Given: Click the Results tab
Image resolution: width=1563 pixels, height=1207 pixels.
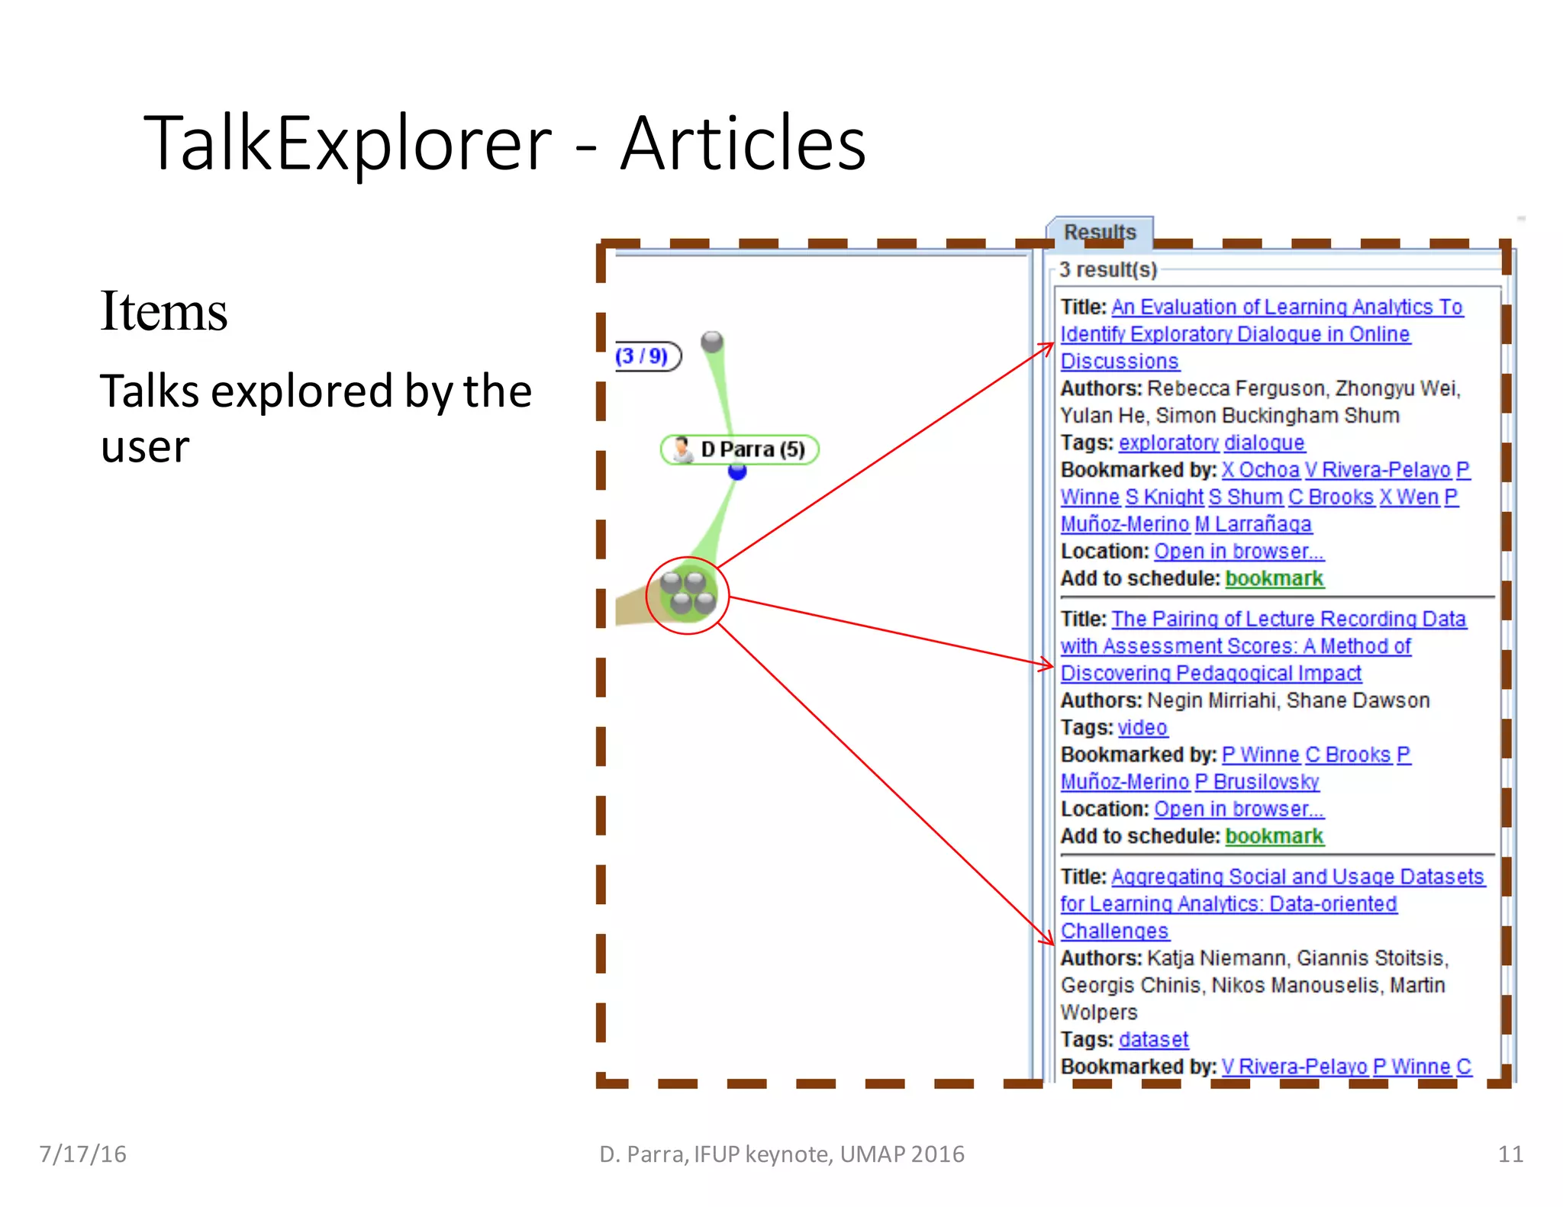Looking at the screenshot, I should pyautogui.click(x=1100, y=231).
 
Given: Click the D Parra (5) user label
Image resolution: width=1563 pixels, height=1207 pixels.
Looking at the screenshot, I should pyautogui.click(x=740, y=449).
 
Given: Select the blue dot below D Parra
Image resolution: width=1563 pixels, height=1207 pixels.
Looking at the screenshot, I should pyautogui.click(x=737, y=472).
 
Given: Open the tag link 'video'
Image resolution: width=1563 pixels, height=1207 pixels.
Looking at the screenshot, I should pyautogui.click(x=1142, y=728).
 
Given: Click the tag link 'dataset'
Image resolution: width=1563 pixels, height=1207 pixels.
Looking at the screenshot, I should pyautogui.click(x=1153, y=1040).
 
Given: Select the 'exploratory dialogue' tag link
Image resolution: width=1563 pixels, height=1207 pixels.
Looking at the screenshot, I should pyautogui.click(x=1211, y=443).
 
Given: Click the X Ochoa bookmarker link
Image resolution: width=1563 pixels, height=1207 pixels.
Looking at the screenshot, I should pyautogui.click(x=1260, y=470).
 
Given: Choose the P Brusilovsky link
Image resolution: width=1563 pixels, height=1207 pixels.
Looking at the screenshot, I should pyautogui.click(x=1257, y=782).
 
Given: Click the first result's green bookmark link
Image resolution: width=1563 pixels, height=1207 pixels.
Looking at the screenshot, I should pyautogui.click(x=1274, y=579).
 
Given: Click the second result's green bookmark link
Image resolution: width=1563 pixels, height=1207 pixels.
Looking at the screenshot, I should pyautogui.click(x=1274, y=836).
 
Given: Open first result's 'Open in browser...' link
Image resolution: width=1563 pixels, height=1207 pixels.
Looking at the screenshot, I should pyautogui.click(x=1239, y=552).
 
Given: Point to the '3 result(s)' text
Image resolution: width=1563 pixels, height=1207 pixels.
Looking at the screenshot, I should pyautogui.click(x=1108, y=270).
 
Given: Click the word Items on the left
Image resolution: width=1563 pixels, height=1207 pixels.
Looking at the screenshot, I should pyautogui.click(x=163, y=311).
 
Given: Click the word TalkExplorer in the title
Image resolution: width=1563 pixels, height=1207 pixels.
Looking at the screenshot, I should pyautogui.click(x=347, y=143).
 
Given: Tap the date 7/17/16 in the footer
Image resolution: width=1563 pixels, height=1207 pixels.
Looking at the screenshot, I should pyautogui.click(x=82, y=1154).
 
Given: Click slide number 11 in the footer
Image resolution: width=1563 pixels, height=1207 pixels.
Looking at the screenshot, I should pyautogui.click(x=1510, y=1154).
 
